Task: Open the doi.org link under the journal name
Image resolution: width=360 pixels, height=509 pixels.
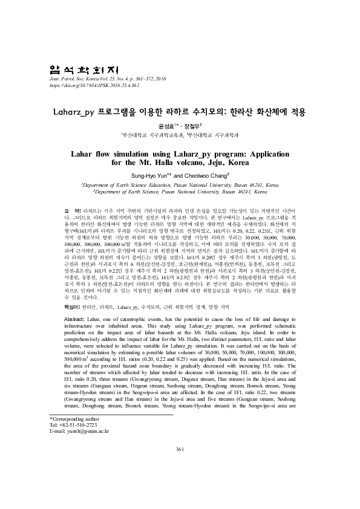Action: click(89, 85)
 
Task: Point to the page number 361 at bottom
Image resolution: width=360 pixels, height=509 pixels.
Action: click(179, 482)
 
